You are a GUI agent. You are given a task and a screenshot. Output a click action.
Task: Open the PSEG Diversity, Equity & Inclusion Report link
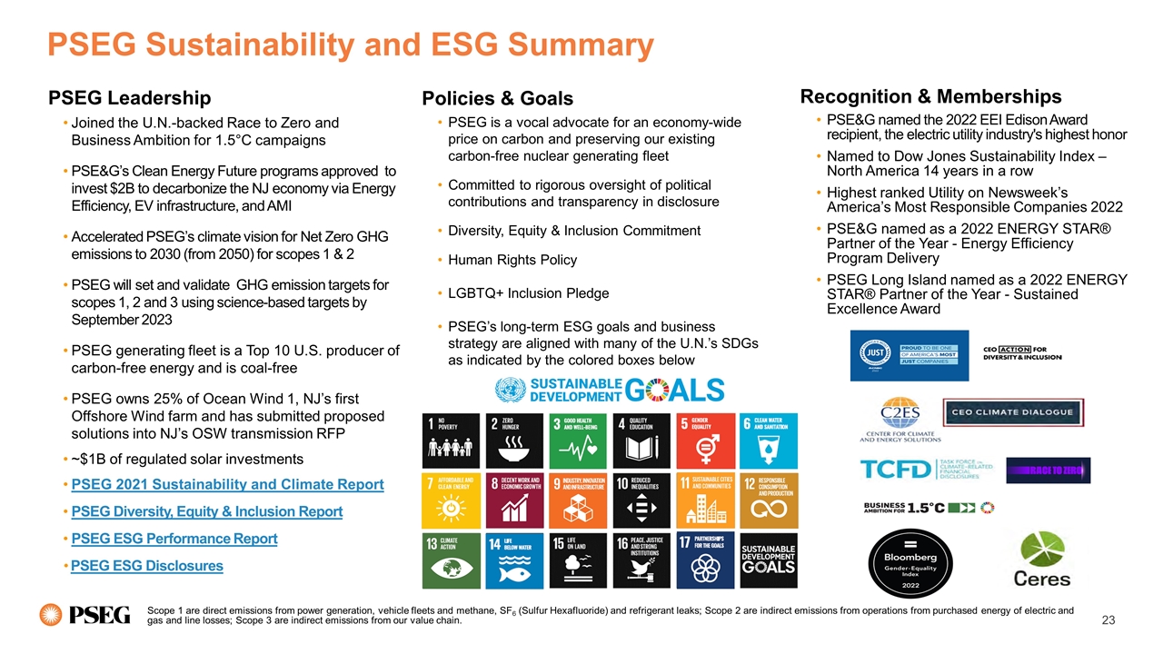pos(206,511)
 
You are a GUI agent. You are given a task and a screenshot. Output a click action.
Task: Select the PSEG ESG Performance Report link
pos(174,539)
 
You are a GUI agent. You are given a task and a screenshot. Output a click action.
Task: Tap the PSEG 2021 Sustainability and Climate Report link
pos(227,484)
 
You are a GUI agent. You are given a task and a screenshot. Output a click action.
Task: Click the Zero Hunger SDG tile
pos(514,440)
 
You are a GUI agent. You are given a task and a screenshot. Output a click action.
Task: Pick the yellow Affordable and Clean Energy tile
pos(451,500)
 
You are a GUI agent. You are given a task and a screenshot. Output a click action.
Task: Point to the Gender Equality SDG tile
pos(703,440)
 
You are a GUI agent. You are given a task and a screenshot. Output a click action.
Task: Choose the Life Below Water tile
pos(514,560)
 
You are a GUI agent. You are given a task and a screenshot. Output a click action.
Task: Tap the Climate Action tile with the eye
pos(451,560)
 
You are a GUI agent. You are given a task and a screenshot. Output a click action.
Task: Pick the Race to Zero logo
pos(1048,470)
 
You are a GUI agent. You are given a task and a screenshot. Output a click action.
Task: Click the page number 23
pos(1107,619)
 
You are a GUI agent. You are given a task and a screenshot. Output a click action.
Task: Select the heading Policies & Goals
pos(497,98)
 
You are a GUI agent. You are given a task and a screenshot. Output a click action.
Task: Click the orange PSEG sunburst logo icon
pos(51,615)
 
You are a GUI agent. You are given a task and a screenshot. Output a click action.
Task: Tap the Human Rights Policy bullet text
pos(512,260)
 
